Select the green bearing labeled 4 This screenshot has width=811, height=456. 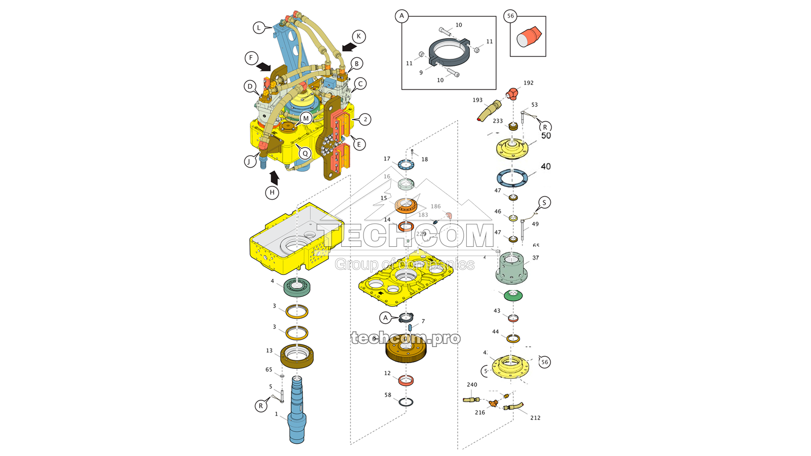tap(297, 287)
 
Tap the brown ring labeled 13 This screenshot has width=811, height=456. tap(297, 356)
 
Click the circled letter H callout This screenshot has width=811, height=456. tap(272, 193)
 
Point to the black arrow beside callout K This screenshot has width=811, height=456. tap(349, 47)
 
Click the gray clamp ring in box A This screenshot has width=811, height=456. tap(449, 53)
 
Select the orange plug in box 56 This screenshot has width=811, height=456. tap(529, 37)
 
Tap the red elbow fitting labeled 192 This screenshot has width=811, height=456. tap(513, 94)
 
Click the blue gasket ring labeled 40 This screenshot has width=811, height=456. tap(512, 178)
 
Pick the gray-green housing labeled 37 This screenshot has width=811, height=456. tap(511, 269)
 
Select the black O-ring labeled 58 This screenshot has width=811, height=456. tap(405, 402)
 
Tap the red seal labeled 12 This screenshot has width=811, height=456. tap(405, 380)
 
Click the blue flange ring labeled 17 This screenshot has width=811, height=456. tap(405, 165)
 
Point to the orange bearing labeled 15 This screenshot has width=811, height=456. tap(405, 205)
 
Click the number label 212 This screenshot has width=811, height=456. tap(535, 418)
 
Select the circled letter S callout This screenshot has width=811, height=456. tap(544, 203)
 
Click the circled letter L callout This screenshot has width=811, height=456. tap(259, 28)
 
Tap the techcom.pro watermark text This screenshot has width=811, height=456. tap(405, 338)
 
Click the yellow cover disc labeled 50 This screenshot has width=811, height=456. tap(512, 148)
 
